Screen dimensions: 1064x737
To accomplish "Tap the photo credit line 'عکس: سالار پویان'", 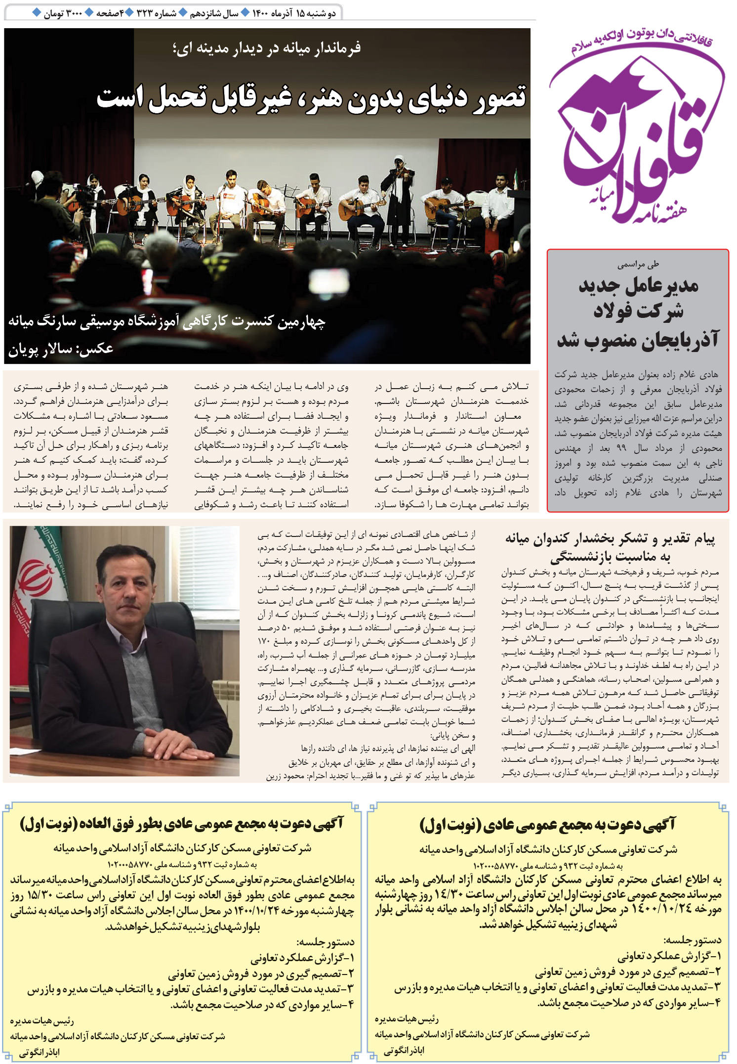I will [61, 349].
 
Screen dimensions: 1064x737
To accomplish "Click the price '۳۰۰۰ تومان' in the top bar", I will [62, 13].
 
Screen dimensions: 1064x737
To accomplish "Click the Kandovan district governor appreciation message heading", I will [610, 547].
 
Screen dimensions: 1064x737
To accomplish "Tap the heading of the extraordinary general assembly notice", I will [181, 824].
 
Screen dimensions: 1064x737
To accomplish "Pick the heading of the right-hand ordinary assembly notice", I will [547, 824].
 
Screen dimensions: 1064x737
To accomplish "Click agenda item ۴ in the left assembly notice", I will [262, 1005].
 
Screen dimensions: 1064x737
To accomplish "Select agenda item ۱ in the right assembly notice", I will [669, 956].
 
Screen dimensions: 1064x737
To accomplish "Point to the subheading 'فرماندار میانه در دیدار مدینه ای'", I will [267, 48].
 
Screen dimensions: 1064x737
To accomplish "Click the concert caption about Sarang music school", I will [166, 322].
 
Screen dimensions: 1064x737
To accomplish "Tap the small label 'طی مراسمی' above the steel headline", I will [638, 265].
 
